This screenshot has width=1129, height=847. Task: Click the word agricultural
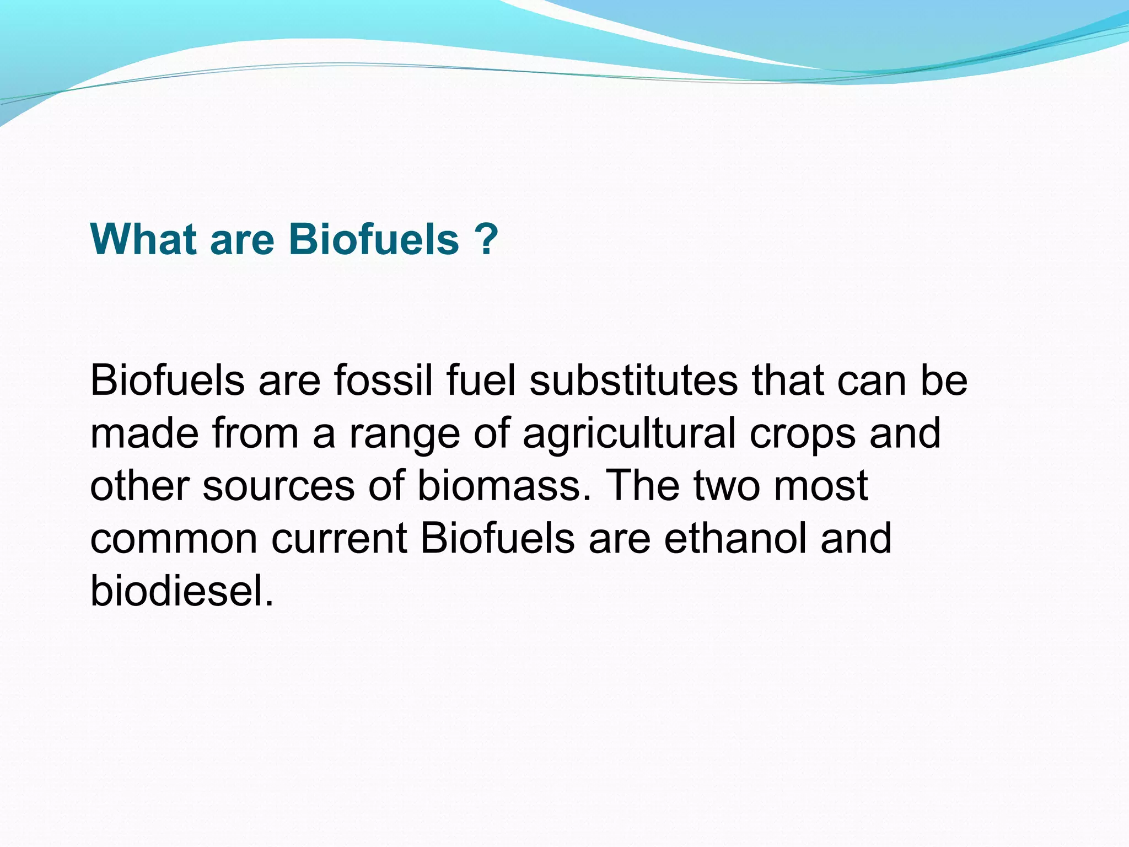[x=629, y=434]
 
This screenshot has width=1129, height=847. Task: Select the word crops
[x=802, y=434]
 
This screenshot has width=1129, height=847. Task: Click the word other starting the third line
[x=139, y=486]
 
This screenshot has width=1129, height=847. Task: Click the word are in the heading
[x=242, y=240]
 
